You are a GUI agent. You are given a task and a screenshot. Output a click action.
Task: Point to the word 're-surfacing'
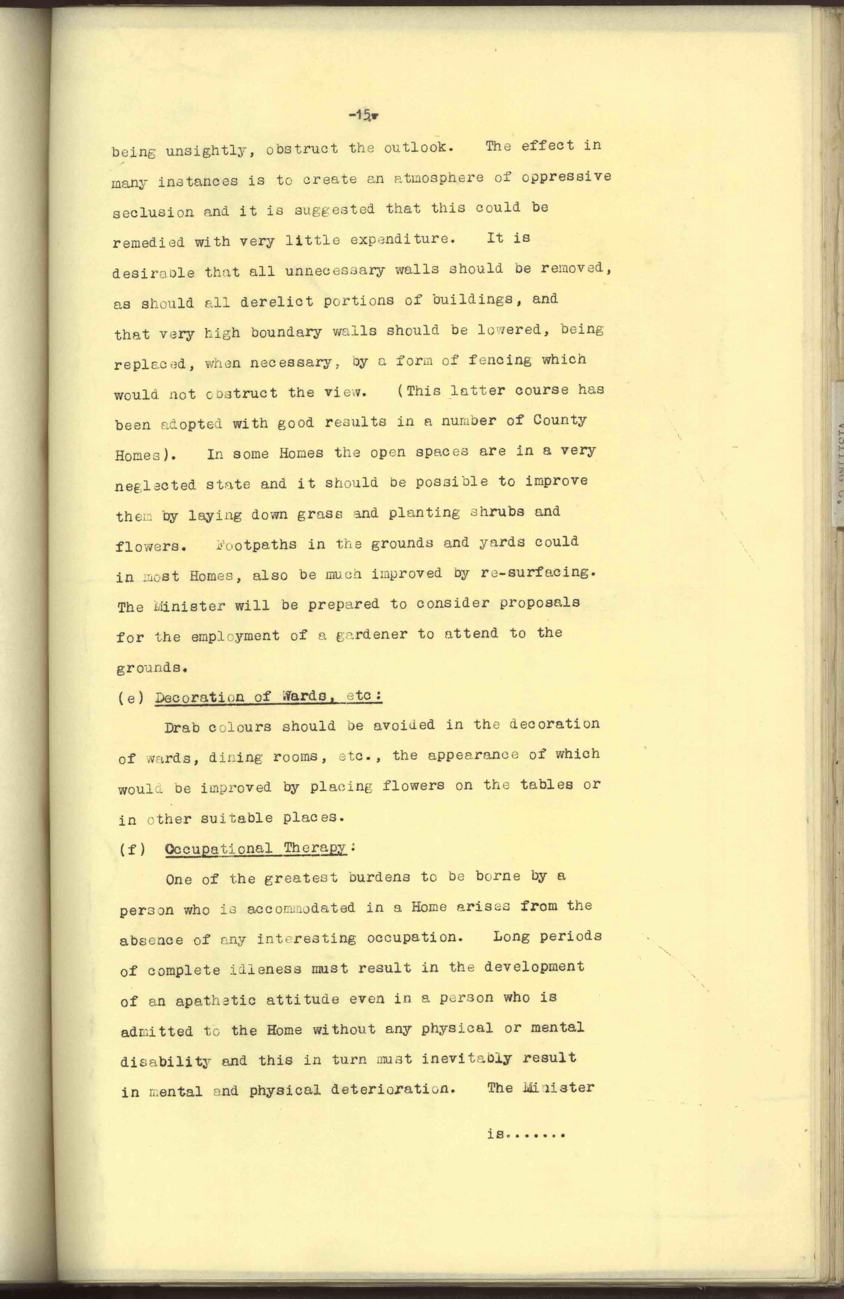[536, 573]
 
